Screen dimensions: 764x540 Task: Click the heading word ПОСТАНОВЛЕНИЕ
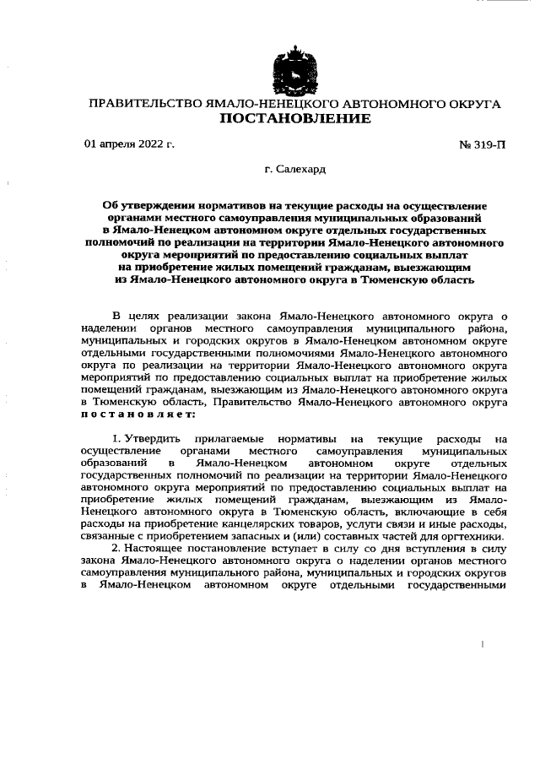(x=294, y=119)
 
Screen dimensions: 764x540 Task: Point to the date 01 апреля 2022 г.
(x=129, y=144)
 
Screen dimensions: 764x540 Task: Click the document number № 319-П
(x=483, y=144)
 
